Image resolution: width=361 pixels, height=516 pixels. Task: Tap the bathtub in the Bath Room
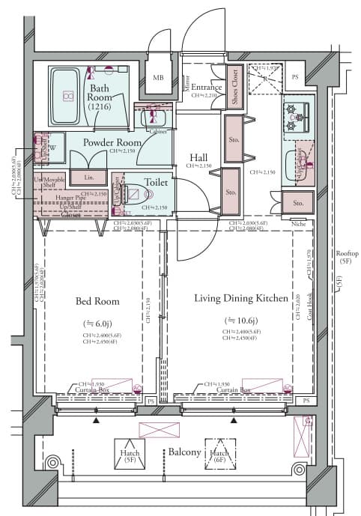68,96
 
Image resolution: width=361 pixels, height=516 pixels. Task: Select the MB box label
158,78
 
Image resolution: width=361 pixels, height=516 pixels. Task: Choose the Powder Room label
112,142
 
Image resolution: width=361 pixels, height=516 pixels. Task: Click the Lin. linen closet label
88,178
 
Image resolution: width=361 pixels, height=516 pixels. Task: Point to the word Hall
198,157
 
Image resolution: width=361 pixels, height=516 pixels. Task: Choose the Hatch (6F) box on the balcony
219,454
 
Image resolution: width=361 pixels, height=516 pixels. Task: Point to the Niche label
299,223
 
